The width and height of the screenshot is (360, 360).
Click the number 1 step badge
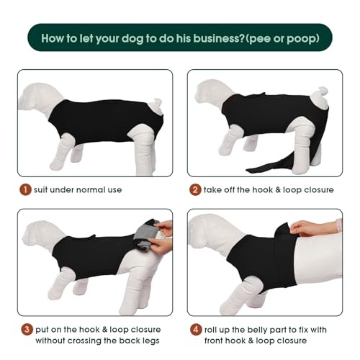(25, 189)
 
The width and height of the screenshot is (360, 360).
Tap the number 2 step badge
(195, 189)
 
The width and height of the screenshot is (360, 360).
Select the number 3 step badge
(27, 329)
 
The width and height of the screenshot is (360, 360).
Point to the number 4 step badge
(196, 329)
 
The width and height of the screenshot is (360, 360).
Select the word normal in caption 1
(91, 190)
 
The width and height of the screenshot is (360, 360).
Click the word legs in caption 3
(150, 341)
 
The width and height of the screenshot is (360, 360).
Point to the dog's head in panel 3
(45, 235)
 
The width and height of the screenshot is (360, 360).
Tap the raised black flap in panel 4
(286, 250)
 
